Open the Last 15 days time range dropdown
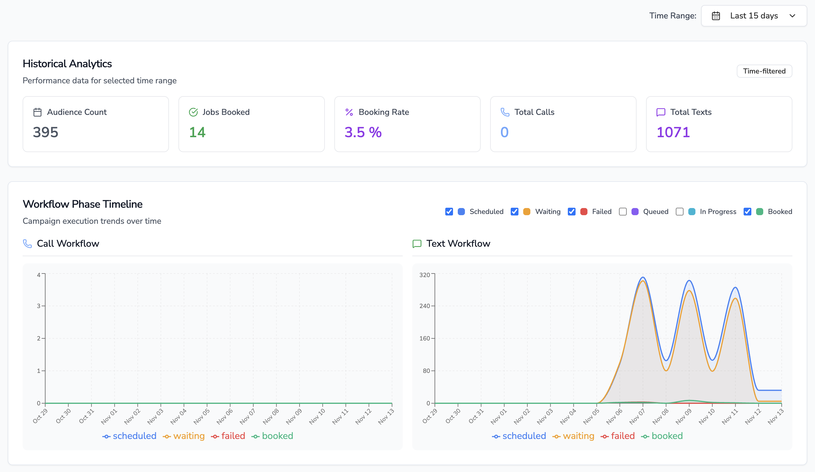[753, 16]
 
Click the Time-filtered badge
[764, 71]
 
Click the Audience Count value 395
[46, 132]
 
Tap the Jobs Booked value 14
[197, 132]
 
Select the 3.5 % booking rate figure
[363, 132]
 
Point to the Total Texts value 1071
[673, 132]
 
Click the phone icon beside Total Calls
[504, 112]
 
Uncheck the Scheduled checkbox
[449, 212]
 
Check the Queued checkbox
[623, 212]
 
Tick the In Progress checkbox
[679, 212]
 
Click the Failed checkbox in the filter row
[571, 212]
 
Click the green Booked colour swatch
[760, 212]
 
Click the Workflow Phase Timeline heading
[82, 204]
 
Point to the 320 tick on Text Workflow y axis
[424, 275]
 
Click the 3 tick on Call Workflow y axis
[39, 306]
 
